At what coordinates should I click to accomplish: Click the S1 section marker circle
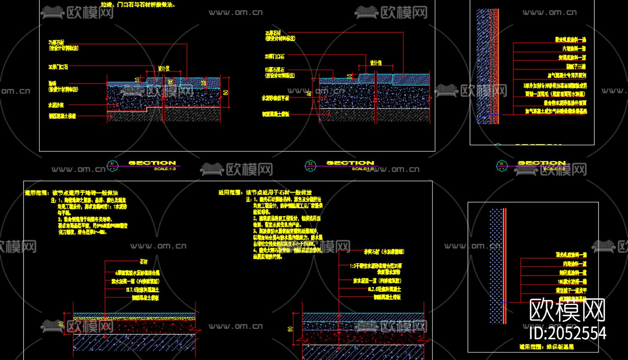tap(112, 165)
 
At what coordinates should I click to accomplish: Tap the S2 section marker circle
tap(310, 165)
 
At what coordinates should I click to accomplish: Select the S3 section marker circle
tap(502, 165)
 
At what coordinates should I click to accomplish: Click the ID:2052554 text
tap(567, 333)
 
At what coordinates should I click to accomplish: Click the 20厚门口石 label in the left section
tap(58, 67)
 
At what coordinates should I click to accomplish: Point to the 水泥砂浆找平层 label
tap(275, 98)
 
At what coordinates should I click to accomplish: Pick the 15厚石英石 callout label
tap(275, 69)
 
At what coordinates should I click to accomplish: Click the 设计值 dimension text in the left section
tap(163, 68)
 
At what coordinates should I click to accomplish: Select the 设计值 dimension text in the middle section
tap(376, 63)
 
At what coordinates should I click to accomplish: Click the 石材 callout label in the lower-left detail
tap(143, 262)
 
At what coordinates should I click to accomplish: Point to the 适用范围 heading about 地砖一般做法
tap(72, 193)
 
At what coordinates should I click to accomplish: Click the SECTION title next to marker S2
tap(350, 163)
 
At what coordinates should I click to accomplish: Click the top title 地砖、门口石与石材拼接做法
tap(138, 5)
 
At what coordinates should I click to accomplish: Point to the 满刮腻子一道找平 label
tap(571, 290)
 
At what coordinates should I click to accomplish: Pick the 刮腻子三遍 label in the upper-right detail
tap(576, 66)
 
